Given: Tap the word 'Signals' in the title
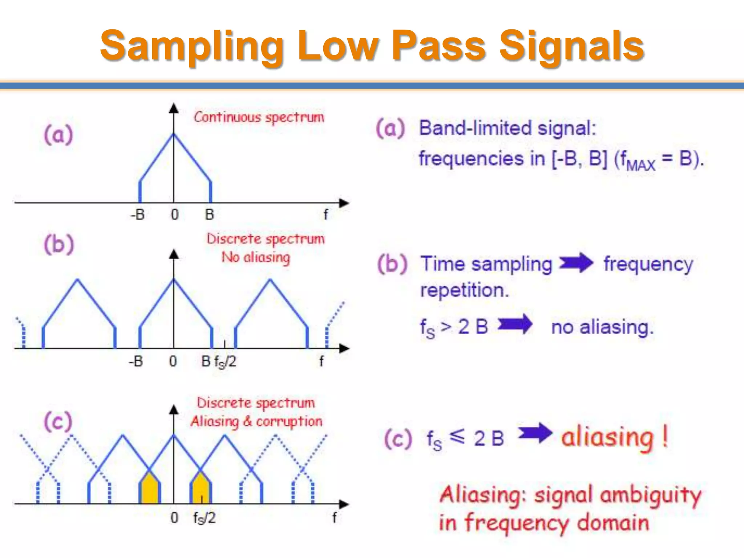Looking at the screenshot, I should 571,46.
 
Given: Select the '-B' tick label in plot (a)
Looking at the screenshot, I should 138,215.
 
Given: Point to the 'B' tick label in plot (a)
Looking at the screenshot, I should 210,215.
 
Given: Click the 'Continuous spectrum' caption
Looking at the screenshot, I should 259,117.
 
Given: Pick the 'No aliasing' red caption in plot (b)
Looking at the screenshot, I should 256,258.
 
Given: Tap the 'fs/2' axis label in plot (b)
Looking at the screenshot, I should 225,362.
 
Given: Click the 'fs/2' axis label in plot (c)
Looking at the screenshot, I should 204,518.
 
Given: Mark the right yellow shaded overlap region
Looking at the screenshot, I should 201,489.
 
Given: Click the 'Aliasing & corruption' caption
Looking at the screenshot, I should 256,422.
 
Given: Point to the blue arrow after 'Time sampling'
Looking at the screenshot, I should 577,263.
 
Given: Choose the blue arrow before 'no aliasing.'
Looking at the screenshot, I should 515,324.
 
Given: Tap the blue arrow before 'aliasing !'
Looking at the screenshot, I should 535,433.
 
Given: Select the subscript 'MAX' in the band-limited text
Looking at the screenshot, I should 641,166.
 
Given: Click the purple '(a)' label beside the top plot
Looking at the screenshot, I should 58,134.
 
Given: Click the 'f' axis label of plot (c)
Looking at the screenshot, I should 334,517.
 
